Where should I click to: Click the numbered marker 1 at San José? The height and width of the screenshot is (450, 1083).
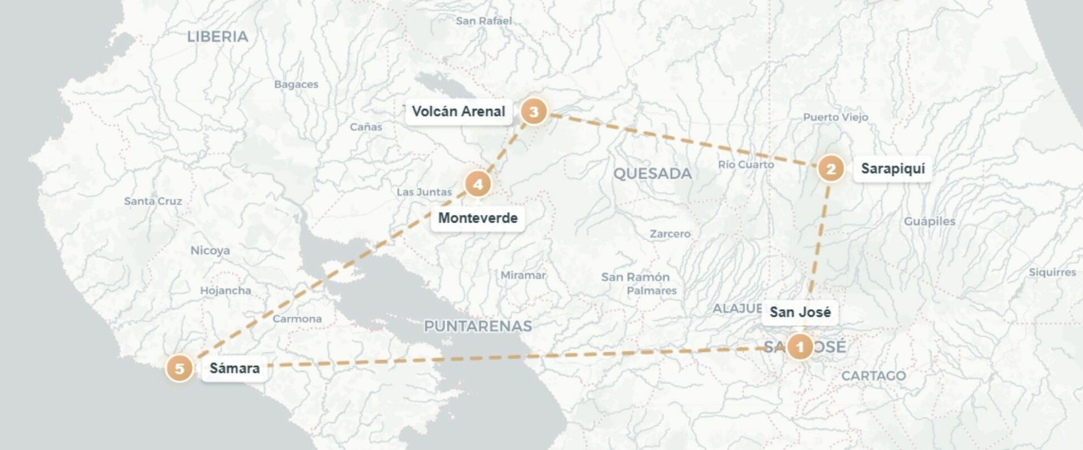(x=799, y=347)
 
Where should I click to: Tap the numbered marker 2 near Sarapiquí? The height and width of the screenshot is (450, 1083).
(x=830, y=169)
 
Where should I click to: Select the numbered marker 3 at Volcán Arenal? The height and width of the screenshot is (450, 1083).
(x=533, y=112)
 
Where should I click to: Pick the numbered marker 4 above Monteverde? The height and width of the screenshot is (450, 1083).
(x=478, y=184)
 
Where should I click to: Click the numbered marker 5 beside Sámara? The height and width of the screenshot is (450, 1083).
(x=179, y=369)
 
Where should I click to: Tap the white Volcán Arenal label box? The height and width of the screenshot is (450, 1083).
(x=458, y=112)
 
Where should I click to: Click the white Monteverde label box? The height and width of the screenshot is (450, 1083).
(x=478, y=218)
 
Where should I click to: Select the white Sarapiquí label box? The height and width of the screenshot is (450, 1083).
(x=892, y=169)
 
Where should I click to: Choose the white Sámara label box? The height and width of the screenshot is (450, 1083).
(x=235, y=369)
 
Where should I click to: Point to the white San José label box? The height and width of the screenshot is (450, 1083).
(x=800, y=312)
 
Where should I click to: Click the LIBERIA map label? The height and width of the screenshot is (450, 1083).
(x=218, y=37)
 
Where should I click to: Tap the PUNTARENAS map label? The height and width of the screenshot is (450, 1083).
(x=478, y=326)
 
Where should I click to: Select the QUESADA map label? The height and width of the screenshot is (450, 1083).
(x=652, y=174)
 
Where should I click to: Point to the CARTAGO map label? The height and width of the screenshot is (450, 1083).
(x=873, y=376)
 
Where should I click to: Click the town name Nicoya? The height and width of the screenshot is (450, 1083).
(x=210, y=250)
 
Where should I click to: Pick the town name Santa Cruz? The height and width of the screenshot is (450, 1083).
(x=153, y=201)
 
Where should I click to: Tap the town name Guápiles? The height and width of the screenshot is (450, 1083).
(x=930, y=221)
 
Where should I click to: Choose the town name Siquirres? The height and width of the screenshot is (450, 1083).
(x=1052, y=272)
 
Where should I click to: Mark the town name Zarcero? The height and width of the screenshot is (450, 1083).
(x=670, y=233)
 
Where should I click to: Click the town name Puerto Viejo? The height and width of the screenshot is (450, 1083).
(x=835, y=117)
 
